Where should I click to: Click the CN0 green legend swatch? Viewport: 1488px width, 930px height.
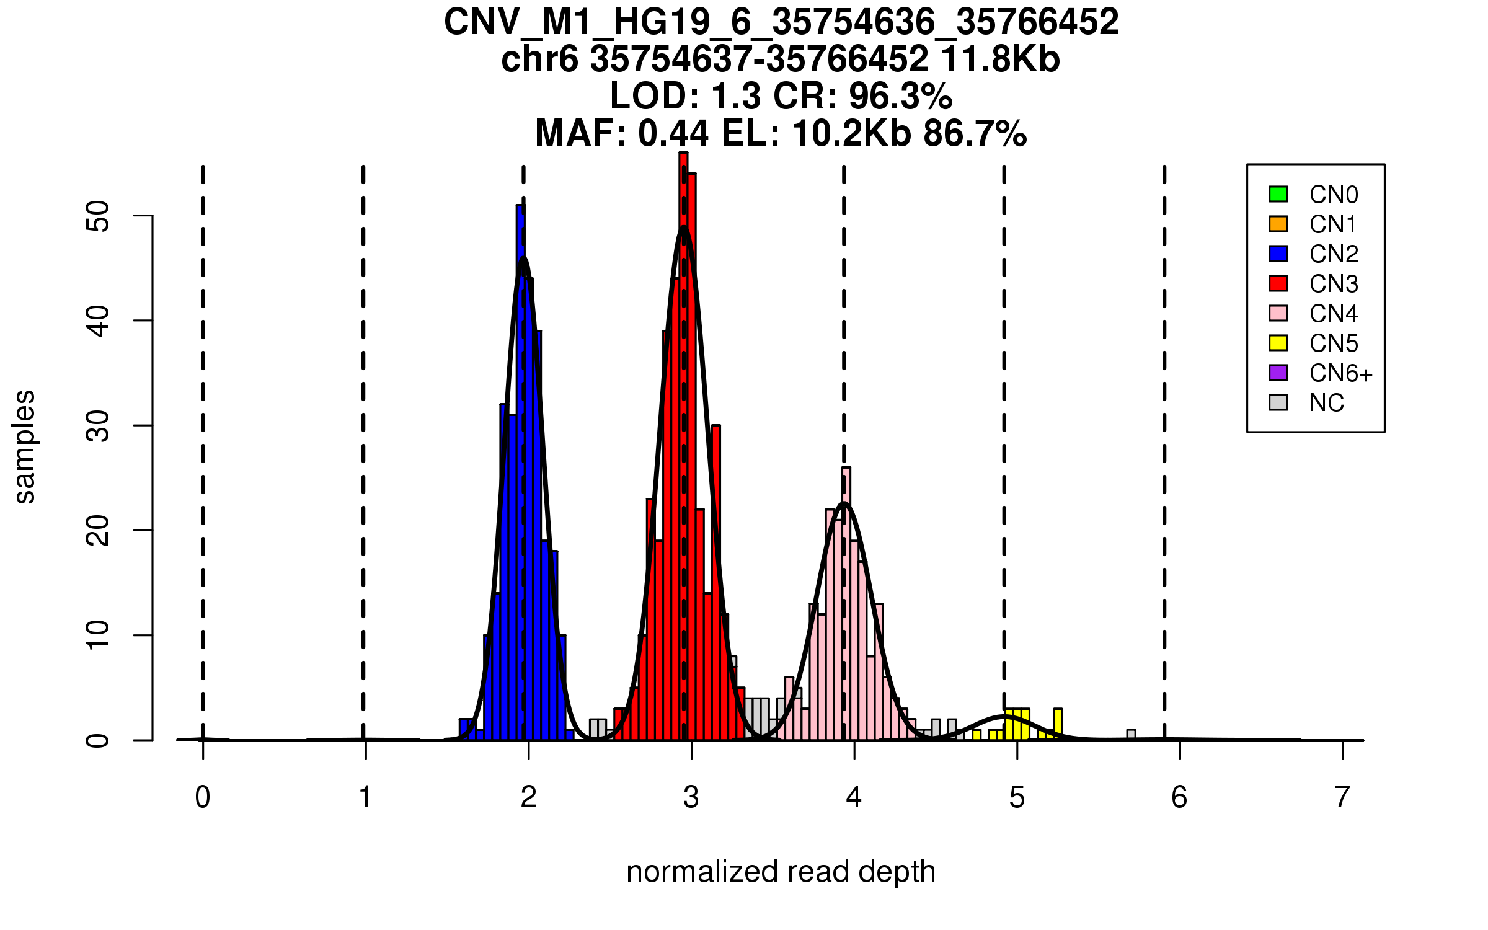[1278, 194]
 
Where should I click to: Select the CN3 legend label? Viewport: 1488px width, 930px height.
[1334, 284]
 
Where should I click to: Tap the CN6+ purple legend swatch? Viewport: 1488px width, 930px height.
[1278, 373]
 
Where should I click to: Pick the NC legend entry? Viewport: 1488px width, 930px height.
[1326, 403]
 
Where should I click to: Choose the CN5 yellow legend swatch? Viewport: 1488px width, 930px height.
[1278, 343]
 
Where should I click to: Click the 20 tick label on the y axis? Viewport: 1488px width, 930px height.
[98, 531]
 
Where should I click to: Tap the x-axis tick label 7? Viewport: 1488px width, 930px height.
[1342, 797]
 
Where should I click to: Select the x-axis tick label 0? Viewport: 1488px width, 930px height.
[203, 797]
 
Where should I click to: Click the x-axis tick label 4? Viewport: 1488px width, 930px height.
[854, 797]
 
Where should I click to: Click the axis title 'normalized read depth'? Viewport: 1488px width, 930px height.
[781, 872]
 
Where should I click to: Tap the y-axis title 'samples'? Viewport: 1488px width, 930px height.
[25, 446]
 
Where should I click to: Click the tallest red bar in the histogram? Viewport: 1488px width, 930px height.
[683, 446]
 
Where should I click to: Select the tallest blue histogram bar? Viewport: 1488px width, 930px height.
[520, 471]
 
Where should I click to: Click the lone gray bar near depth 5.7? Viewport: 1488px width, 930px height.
[1131, 735]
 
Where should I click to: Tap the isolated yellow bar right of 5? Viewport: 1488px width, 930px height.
[1058, 724]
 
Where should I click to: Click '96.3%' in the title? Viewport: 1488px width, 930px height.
[900, 96]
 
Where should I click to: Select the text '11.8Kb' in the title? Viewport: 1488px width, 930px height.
[1000, 60]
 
